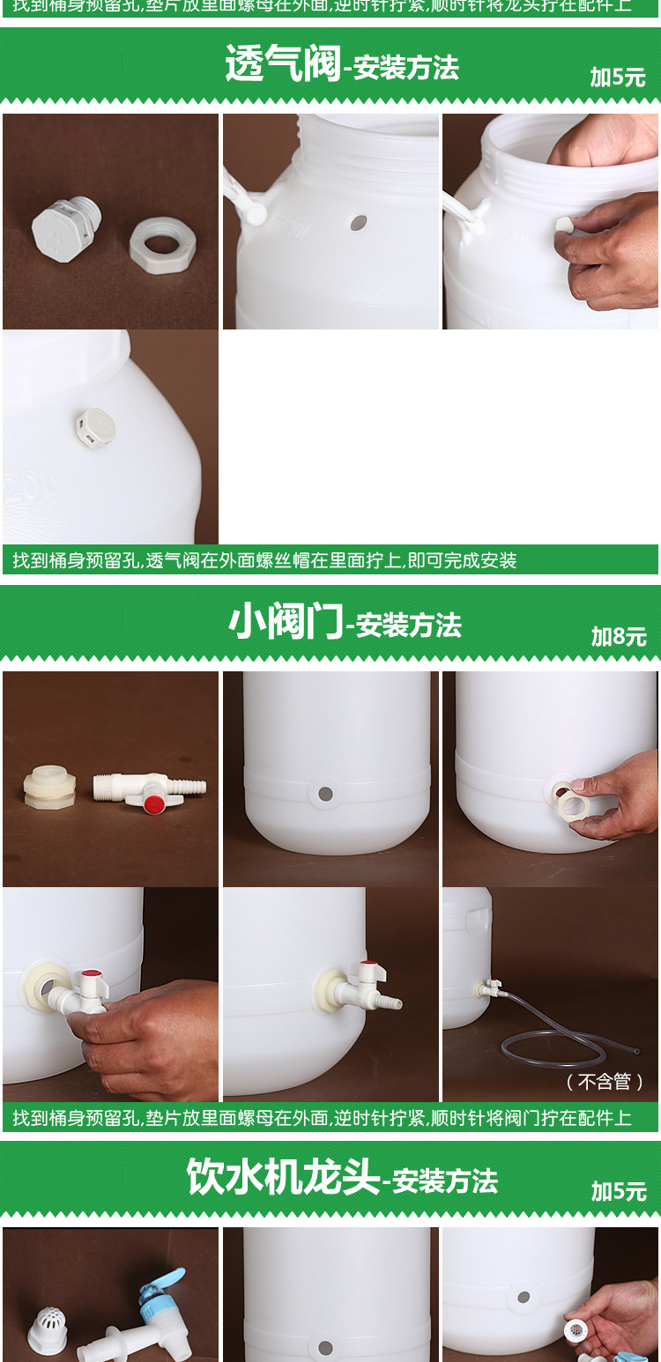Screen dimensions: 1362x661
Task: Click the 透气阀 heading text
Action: [x=283, y=64]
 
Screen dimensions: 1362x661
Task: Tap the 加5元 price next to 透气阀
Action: [x=618, y=78]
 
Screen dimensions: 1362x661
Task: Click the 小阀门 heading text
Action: [x=286, y=623]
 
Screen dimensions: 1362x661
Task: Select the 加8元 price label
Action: [x=619, y=637]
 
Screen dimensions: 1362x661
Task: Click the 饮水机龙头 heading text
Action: [x=283, y=1178]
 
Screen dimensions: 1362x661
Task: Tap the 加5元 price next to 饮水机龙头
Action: [x=619, y=1192]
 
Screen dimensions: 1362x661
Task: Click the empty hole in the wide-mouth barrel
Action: [x=358, y=223]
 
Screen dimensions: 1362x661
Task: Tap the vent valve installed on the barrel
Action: [x=95, y=427]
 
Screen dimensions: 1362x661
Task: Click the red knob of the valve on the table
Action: [x=153, y=803]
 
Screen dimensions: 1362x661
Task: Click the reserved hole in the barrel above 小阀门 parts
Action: [x=325, y=794]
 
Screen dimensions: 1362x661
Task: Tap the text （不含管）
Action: [x=605, y=1081]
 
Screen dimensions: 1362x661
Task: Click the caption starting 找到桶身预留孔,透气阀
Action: [x=264, y=560]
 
